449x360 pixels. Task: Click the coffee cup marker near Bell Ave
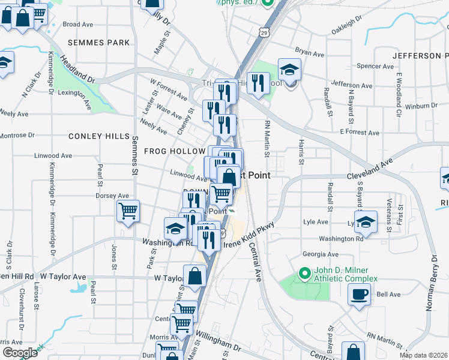pyautogui.click(x=360, y=295)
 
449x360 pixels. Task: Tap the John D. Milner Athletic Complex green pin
pyautogui.click(x=304, y=274)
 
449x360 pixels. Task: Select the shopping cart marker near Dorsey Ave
pyautogui.click(x=128, y=211)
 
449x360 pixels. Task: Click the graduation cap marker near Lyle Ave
pyautogui.click(x=366, y=222)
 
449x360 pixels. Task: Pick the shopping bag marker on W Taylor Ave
pyautogui.click(x=195, y=277)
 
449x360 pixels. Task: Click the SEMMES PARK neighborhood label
pyautogui.click(x=98, y=43)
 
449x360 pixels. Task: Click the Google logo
pyautogui.click(x=20, y=353)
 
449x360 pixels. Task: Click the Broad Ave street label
pyautogui.click(x=78, y=25)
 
